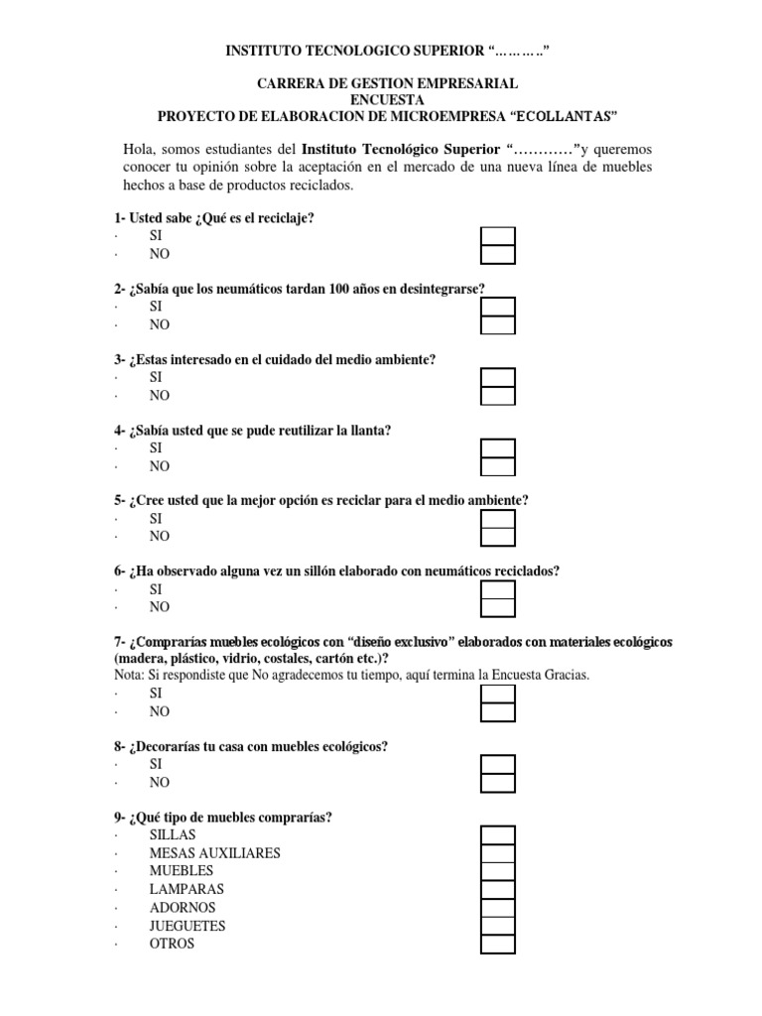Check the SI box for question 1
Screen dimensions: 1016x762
(x=497, y=236)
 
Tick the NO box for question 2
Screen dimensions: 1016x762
(x=497, y=325)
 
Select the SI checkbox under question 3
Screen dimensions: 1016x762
(x=497, y=378)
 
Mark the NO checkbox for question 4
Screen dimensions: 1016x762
(x=497, y=466)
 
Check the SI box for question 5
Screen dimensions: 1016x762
(x=497, y=519)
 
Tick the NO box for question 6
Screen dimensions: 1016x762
(x=497, y=607)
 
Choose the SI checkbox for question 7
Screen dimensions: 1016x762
(x=497, y=695)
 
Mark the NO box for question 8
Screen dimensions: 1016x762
(x=497, y=783)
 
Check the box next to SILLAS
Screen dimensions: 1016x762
(x=497, y=835)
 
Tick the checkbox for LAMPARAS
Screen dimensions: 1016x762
(x=497, y=890)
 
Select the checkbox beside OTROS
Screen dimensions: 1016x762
(x=497, y=945)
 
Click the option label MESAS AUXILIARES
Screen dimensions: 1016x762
(x=214, y=853)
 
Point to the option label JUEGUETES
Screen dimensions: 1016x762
(x=188, y=926)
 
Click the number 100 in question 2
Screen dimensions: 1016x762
(x=317, y=289)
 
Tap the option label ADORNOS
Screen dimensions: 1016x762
(x=182, y=908)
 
